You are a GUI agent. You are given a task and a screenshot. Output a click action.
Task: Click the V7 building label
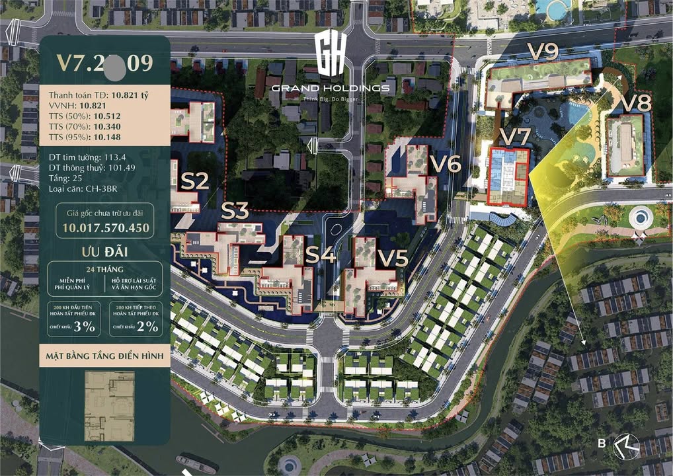click(x=514, y=137)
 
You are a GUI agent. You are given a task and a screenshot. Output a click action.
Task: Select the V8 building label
click(x=636, y=102)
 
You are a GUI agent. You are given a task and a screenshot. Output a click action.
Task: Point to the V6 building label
click(x=445, y=163)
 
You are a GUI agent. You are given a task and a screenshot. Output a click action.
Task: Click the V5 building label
click(x=393, y=258)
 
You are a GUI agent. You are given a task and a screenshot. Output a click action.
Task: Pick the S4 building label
click(x=321, y=256)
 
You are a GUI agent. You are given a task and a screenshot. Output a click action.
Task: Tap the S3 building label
click(x=234, y=211)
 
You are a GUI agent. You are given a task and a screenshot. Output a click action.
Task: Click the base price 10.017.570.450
click(x=106, y=228)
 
